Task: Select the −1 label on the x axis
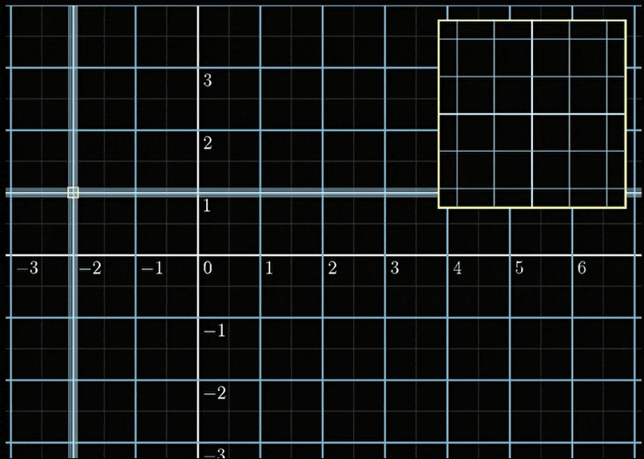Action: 152,268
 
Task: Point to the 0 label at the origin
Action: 208,268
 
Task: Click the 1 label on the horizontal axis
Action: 269,268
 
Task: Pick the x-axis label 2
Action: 332,268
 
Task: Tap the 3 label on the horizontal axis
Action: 394,268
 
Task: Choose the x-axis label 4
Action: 457,268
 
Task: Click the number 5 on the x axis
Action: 519,268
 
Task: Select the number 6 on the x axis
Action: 582,268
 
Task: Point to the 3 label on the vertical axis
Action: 208,80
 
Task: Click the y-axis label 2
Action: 208,143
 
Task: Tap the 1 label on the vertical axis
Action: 208,206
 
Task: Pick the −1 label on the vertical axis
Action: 215,331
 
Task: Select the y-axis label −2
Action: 215,393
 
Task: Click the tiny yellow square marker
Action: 73,192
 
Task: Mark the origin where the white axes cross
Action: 198,255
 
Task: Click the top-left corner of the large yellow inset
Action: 439,20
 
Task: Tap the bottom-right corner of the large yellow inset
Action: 626,208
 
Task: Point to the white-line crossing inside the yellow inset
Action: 532,114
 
